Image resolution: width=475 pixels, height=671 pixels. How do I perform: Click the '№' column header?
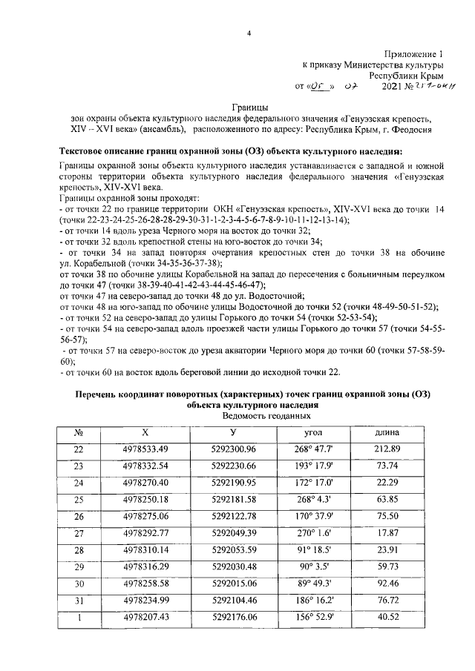click(78, 432)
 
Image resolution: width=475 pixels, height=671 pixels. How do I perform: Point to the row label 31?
click(79, 600)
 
